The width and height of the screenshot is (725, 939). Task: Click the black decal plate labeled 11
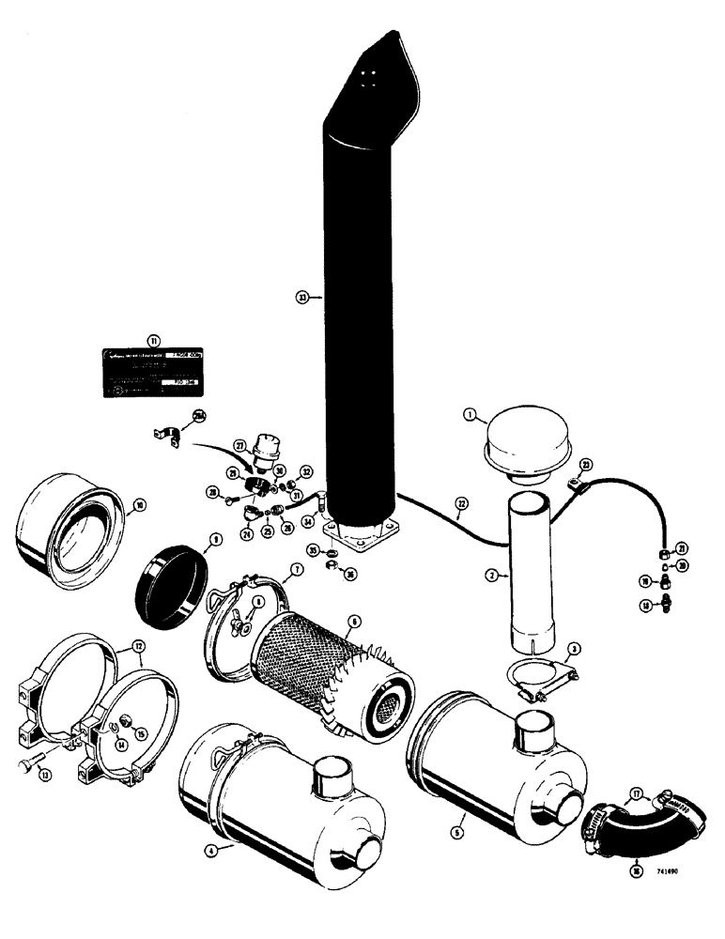pos(154,372)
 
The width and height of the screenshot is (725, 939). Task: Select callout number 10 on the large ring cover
pos(139,503)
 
